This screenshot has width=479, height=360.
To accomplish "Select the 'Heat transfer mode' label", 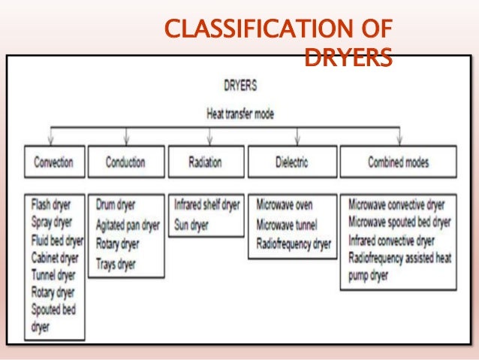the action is click(240, 114).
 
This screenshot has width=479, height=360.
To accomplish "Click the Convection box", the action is click(54, 162).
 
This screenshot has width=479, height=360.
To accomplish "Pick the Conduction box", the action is click(125, 162).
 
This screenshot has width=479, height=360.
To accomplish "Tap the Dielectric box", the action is click(291, 162).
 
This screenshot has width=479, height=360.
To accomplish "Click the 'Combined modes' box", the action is click(398, 162).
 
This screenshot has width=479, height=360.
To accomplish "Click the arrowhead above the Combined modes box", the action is click(398, 140).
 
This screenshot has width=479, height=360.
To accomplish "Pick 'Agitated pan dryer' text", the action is click(128, 224).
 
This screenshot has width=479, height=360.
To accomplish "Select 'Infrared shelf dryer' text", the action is click(207, 204).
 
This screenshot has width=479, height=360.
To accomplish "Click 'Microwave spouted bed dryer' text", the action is click(399, 222).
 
